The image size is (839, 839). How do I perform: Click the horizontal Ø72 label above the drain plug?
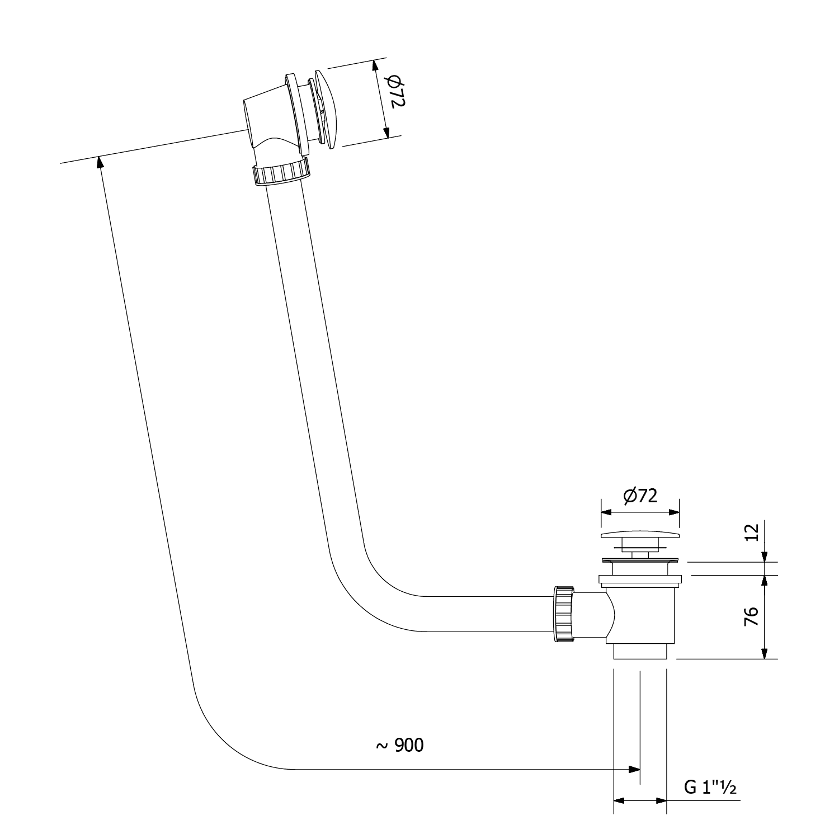click(x=640, y=496)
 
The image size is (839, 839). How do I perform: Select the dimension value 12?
click(x=753, y=531)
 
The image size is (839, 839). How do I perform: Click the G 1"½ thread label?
click(x=710, y=788)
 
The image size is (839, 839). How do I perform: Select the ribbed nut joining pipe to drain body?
click(x=564, y=614)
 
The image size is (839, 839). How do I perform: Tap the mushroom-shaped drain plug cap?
click(x=640, y=535)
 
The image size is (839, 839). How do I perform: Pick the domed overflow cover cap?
click(x=326, y=109)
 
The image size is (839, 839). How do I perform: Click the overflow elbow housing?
click(x=263, y=120)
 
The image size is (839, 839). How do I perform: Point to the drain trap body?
click(x=640, y=615)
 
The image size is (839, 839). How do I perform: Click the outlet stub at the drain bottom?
click(x=640, y=652)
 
